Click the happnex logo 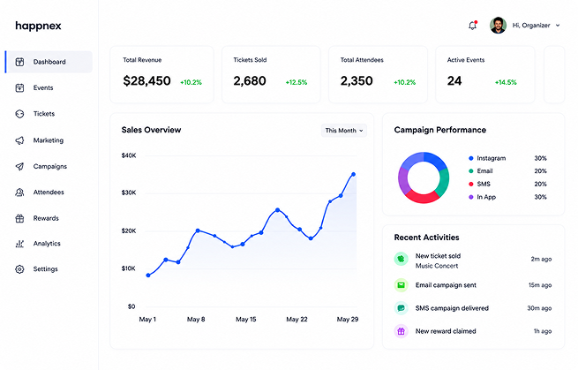pyautogui.click(x=38, y=26)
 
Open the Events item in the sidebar pyautogui.click(x=43, y=87)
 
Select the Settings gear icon pyautogui.click(x=19, y=269)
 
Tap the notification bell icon pyautogui.click(x=473, y=25)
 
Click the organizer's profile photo pyautogui.click(x=498, y=25)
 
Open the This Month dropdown pyautogui.click(x=344, y=130)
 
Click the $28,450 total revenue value pyautogui.click(x=146, y=80)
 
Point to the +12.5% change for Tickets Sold pyautogui.click(x=297, y=82)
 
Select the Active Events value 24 pyautogui.click(x=454, y=80)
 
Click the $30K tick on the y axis pyautogui.click(x=129, y=193)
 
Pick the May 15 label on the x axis pyautogui.click(x=246, y=319)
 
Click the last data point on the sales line pyautogui.click(x=354, y=174)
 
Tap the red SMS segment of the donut pyautogui.click(x=423, y=197)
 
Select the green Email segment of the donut pyautogui.click(x=444, y=182)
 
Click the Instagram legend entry pyautogui.click(x=487, y=158)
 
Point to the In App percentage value pyautogui.click(x=540, y=197)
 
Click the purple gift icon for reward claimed pyautogui.click(x=401, y=331)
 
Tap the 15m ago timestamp pyautogui.click(x=540, y=285)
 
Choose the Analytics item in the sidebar pyautogui.click(x=47, y=244)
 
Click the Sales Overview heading pyautogui.click(x=151, y=130)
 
